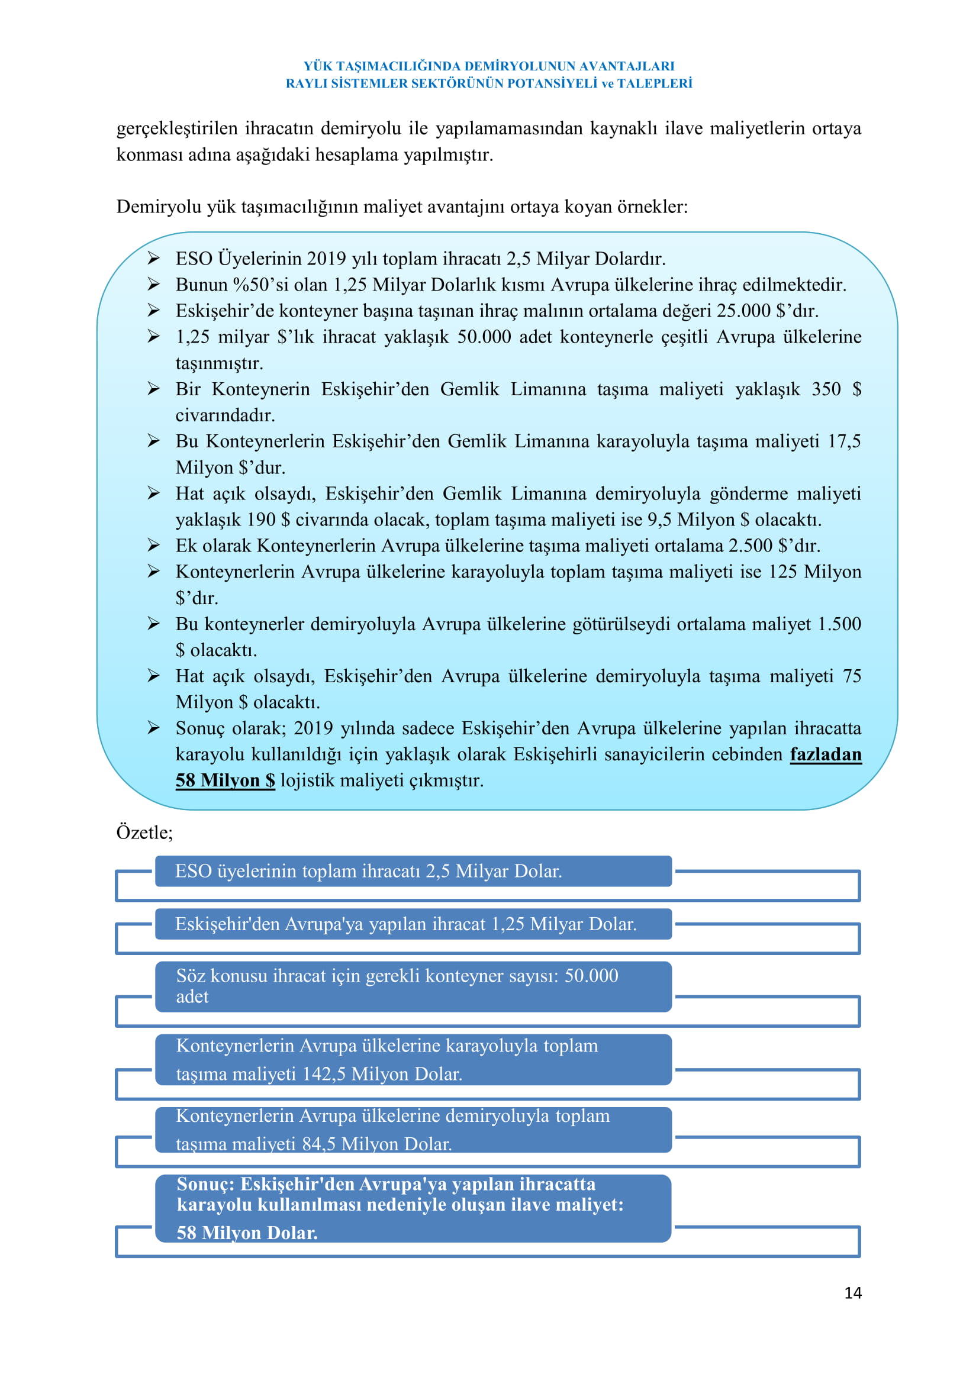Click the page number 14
[x=852, y=1293]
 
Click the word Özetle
[x=143, y=833]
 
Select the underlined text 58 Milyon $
[x=225, y=780]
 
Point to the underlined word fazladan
[x=825, y=754]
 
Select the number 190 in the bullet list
[x=260, y=520]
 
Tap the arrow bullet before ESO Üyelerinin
[x=154, y=259]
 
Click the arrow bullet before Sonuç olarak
[x=154, y=728]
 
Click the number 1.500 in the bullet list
[x=839, y=624]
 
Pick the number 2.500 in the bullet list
[x=750, y=546]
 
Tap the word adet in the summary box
[x=192, y=996]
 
